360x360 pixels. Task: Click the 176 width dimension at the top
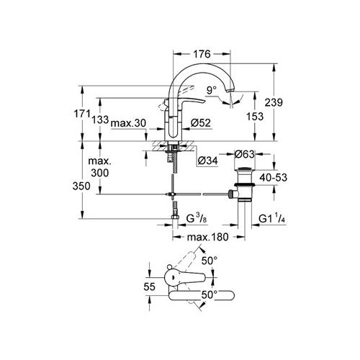point(202,54)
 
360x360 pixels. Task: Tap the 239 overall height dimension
point(274,103)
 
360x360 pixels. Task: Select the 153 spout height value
point(255,117)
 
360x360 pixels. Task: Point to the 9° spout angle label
point(211,91)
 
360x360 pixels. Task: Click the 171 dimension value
point(81,114)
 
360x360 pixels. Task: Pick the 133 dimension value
point(100,120)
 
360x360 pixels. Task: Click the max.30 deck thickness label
point(128,123)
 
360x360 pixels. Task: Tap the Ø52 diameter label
point(201,123)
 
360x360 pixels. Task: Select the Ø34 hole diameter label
point(208,161)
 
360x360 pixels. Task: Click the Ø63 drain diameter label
point(244,154)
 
